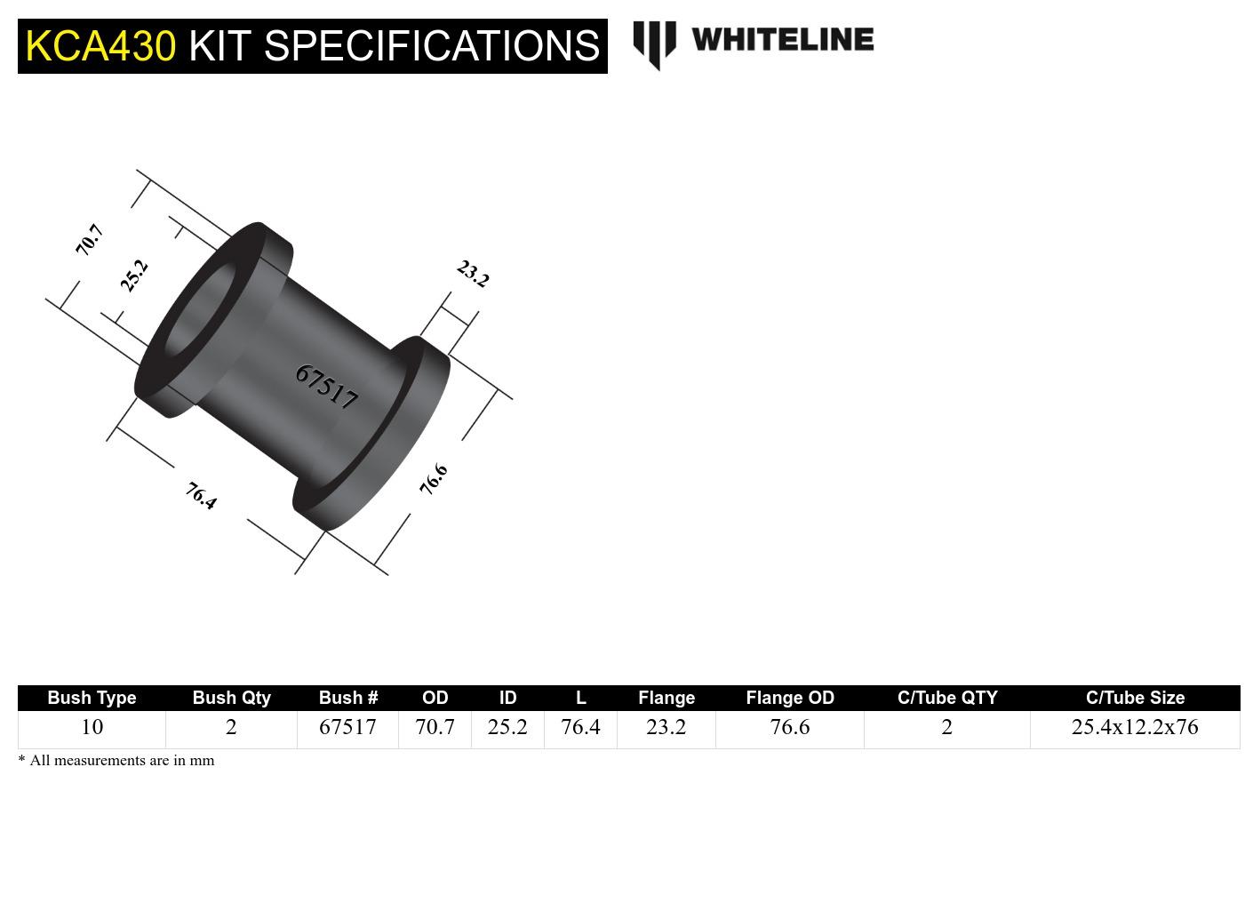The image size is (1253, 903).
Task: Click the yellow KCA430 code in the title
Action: [x=100, y=45]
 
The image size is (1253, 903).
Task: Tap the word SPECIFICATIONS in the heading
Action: [x=432, y=45]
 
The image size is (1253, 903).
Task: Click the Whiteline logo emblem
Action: [x=654, y=44]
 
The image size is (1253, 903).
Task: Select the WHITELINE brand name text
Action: [x=782, y=39]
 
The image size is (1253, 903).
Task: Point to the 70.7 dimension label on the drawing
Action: [x=90, y=240]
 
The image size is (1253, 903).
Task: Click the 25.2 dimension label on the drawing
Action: [x=134, y=276]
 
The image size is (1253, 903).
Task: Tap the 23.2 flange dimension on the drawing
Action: [x=473, y=274]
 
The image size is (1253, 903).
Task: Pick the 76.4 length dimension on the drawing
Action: [x=202, y=496]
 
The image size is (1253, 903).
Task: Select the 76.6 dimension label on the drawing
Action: [x=434, y=480]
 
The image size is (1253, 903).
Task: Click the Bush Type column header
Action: [x=92, y=698]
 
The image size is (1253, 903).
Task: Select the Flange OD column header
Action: [x=790, y=698]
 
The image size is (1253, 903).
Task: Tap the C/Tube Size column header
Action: [x=1135, y=698]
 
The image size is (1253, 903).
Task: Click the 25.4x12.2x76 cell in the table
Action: [x=1135, y=727]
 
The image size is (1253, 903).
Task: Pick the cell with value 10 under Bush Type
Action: [x=92, y=727]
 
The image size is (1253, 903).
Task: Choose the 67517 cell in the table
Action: [x=347, y=727]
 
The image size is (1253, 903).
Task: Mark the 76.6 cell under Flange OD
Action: [x=790, y=727]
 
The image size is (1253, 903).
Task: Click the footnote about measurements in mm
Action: [x=116, y=761]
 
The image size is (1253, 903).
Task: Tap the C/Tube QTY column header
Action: [x=947, y=698]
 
